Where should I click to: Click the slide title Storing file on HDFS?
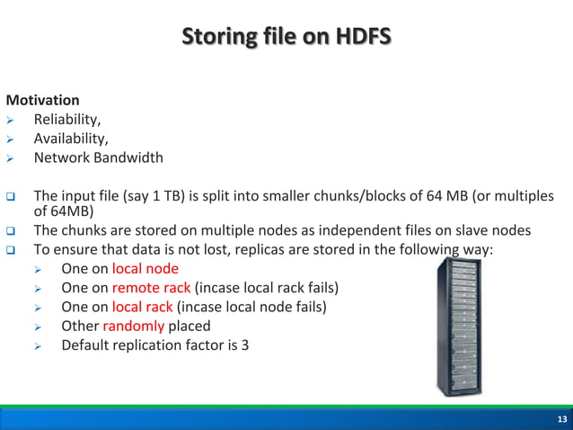(x=286, y=38)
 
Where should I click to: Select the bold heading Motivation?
(x=42, y=100)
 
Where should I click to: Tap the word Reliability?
(x=66, y=119)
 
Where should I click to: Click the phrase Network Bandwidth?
(x=99, y=157)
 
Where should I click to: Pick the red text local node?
(x=145, y=268)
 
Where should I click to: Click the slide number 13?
(x=561, y=420)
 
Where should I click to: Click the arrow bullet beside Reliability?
(x=11, y=120)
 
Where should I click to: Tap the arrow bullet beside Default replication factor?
(x=39, y=345)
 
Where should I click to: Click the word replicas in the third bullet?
(x=233, y=248)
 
